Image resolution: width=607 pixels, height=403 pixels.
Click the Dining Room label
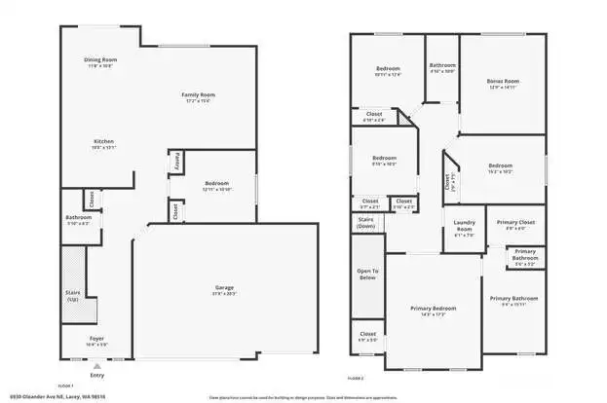[x=100, y=60]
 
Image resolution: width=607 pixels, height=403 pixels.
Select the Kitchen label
[x=103, y=141]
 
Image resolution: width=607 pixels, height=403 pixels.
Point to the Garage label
[x=224, y=287]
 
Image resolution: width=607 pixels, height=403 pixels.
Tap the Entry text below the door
[x=95, y=375]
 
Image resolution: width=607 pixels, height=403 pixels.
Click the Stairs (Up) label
[x=73, y=293]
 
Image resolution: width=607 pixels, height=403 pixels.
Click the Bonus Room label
[x=502, y=81]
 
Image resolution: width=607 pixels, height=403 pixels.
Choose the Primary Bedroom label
[x=433, y=308]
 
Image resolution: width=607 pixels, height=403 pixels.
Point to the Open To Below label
[x=367, y=274]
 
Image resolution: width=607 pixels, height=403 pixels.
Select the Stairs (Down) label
[x=366, y=223]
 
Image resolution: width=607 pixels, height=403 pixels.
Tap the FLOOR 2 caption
[x=357, y=378]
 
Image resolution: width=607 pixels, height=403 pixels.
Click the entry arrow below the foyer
[x=95, y=365]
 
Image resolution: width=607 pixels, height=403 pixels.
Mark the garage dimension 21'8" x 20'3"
[x=224, y=293]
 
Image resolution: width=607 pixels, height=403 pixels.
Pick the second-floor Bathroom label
[x=443, y=65]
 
